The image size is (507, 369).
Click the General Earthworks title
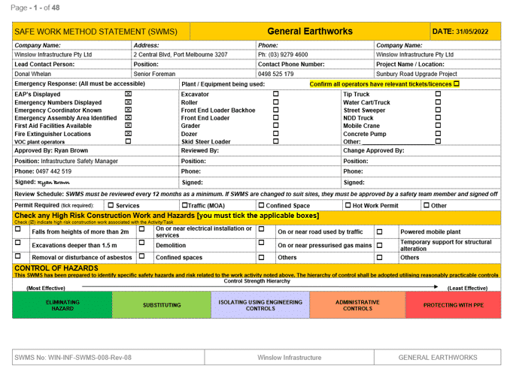[310, 32]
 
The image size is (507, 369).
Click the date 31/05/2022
[465, 32]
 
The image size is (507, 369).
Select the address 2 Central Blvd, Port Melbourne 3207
[180, 55]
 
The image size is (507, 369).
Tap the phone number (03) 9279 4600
[284, 55]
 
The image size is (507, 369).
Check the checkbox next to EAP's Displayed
[128, 95]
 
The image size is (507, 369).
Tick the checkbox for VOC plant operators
[128, 141]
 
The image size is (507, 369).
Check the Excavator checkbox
[275, 95]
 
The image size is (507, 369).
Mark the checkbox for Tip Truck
[439, 95]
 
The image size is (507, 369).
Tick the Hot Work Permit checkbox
[348, 205]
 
